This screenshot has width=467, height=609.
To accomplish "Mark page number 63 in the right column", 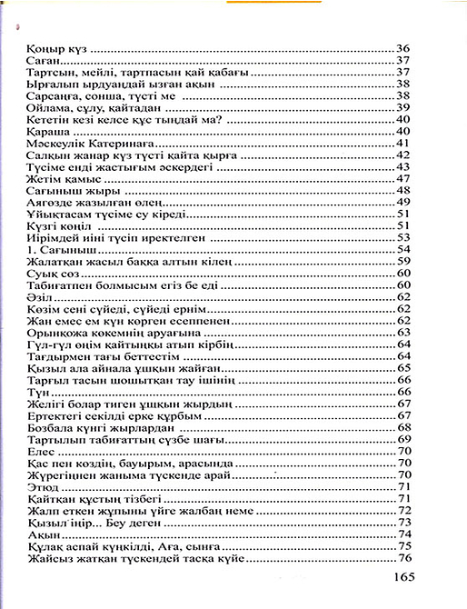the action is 405,333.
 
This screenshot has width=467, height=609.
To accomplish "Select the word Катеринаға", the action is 118,143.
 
